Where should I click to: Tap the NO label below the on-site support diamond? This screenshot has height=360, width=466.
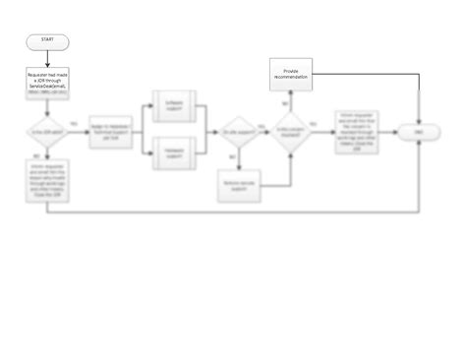point(232,156)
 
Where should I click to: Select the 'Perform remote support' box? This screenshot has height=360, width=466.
point(241,185)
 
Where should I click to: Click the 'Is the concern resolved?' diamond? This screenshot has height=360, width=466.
point(291,132)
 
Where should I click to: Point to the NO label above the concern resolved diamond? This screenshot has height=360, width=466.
point(284,103)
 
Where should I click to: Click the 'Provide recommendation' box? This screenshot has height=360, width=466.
point(291,74)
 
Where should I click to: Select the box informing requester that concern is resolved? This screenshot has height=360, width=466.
point(357,132)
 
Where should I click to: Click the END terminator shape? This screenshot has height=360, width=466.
point(420,132)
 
